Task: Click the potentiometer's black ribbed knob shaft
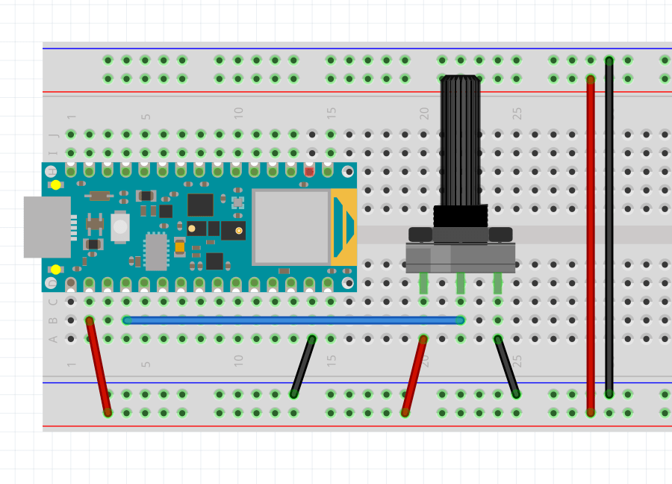pos(460,142)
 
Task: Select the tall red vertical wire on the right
pos(591,246)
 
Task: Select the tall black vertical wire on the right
pos(609,224)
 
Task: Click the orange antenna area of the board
pos(343,226)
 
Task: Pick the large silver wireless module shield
pos(291,226)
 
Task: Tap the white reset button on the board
pos(119,227)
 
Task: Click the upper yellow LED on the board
pos(56,184)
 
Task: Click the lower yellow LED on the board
pos(56,269)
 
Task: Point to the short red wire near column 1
pos(99,366)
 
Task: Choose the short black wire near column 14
pos(302,366)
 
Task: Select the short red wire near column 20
pos(414,375)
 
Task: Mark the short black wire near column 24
pos(507,366)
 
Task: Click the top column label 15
pos(332,113)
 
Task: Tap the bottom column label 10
pos(239,360)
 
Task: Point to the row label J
pos(53,135)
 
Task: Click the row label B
pos(53,320)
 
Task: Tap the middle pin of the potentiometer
pos(460,283)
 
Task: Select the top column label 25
pos(517,113)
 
